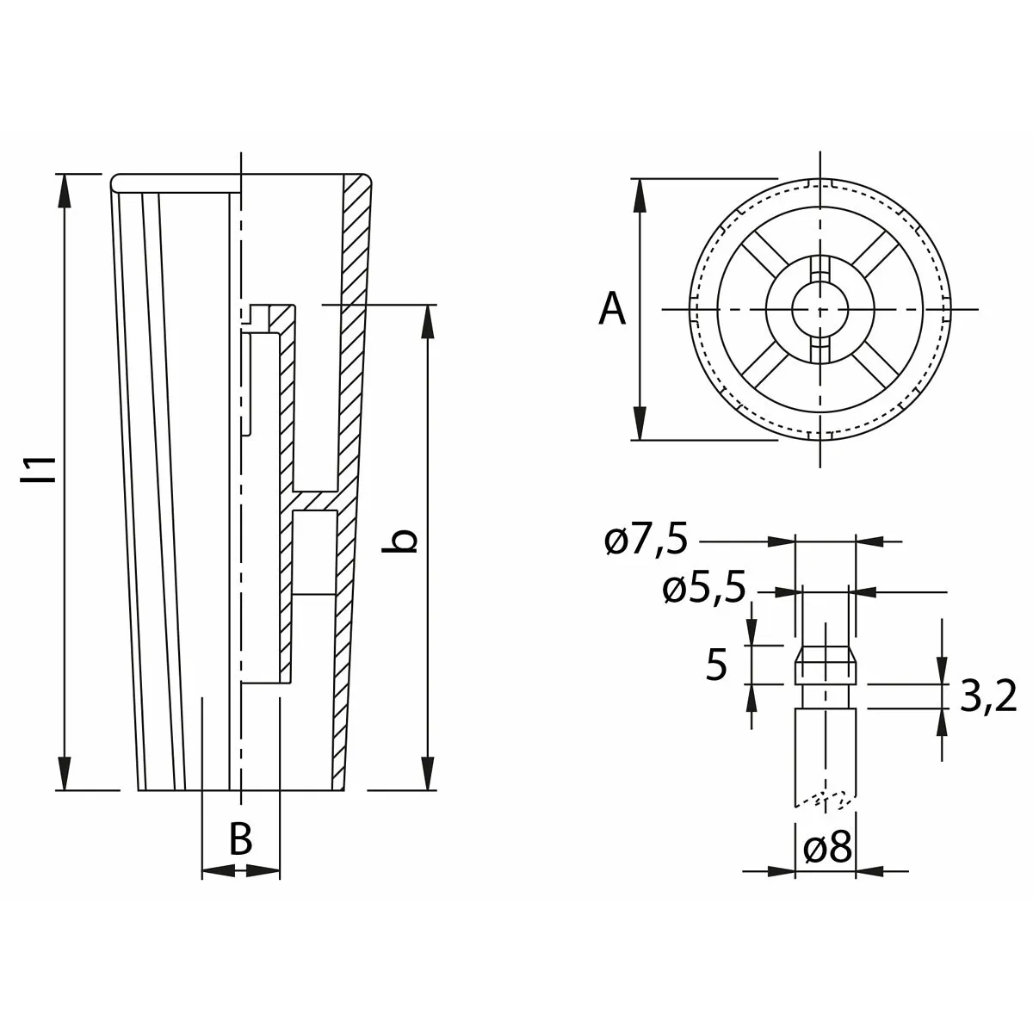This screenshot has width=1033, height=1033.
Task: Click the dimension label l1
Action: [x=38, y=470]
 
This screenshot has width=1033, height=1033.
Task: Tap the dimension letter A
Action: [x=612, y=309]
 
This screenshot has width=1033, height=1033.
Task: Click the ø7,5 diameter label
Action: [x=646, y=541]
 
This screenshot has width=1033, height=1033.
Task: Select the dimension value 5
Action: [x=717, y=665]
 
